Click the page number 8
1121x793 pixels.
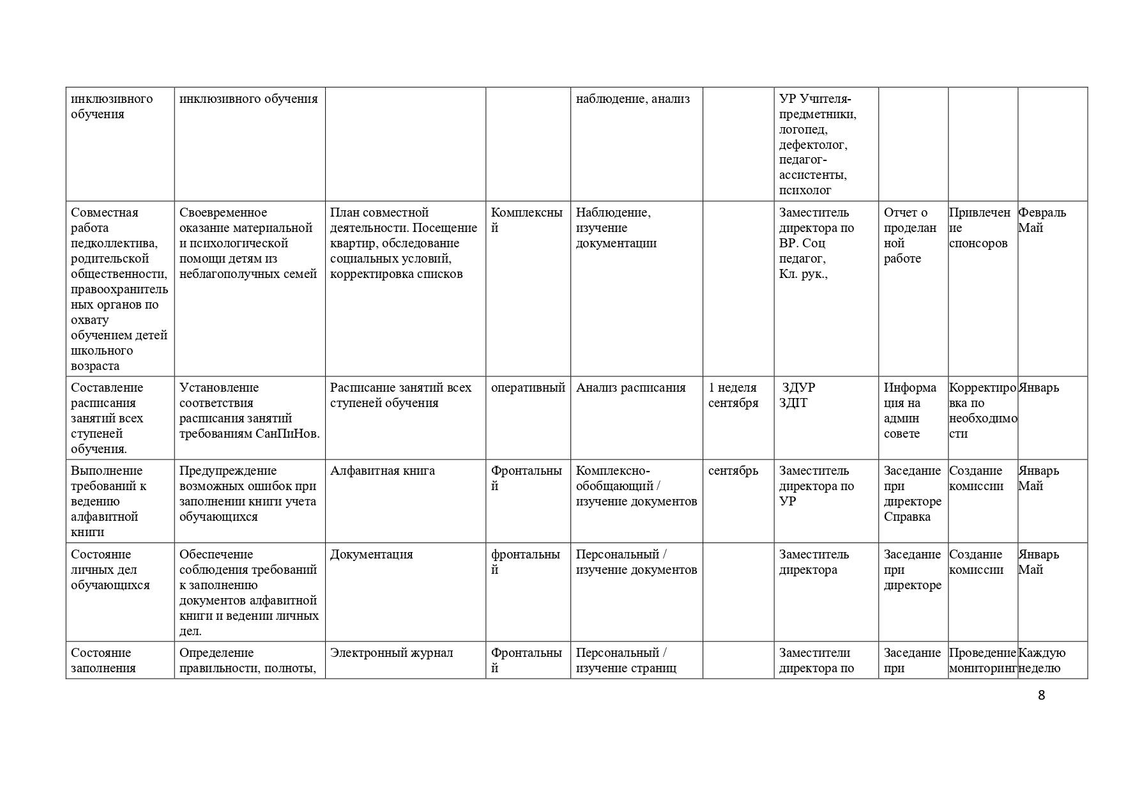[x=1041, y=695]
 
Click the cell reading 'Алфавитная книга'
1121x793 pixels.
[x=382, y=471]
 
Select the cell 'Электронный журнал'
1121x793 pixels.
[x=391, y=653]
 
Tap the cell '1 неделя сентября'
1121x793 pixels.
[x=733, y=396]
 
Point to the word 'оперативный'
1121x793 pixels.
[x=528, y=388]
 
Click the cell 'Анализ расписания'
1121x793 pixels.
[x=630, y=388]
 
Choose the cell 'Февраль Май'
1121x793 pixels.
[x=1042, y=220]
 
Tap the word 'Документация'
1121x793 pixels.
[x=371, y=555]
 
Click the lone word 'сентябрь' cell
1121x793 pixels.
[x=733, y=471]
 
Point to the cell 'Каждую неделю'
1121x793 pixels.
[x=1041, y=661]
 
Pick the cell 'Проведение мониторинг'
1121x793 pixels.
[x=982, y=661]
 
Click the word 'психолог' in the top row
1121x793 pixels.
[x=805, y=190]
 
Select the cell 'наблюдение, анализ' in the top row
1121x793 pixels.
[x=632, y=99]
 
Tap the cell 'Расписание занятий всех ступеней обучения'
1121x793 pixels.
[x=400, y=396]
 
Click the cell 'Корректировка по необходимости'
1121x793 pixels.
[x=982, y=411]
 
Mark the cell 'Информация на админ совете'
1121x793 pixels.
[x=910, y=411]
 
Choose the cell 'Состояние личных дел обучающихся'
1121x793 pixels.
[x=111, y=570]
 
